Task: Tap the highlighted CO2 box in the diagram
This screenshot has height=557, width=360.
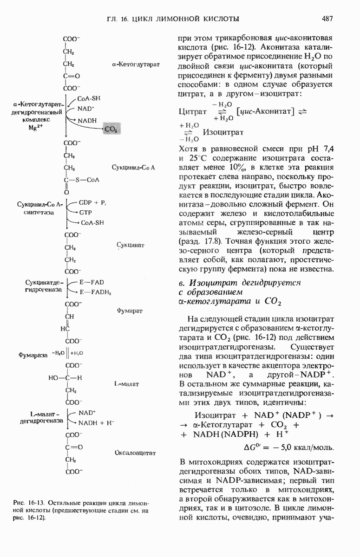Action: pyautogui.click(x=111, y=130)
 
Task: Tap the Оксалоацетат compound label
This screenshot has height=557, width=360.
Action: pyautogui.click(x=135, y=453)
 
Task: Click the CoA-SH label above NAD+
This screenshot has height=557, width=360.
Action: pyautogui.click(x=89, y=98)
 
